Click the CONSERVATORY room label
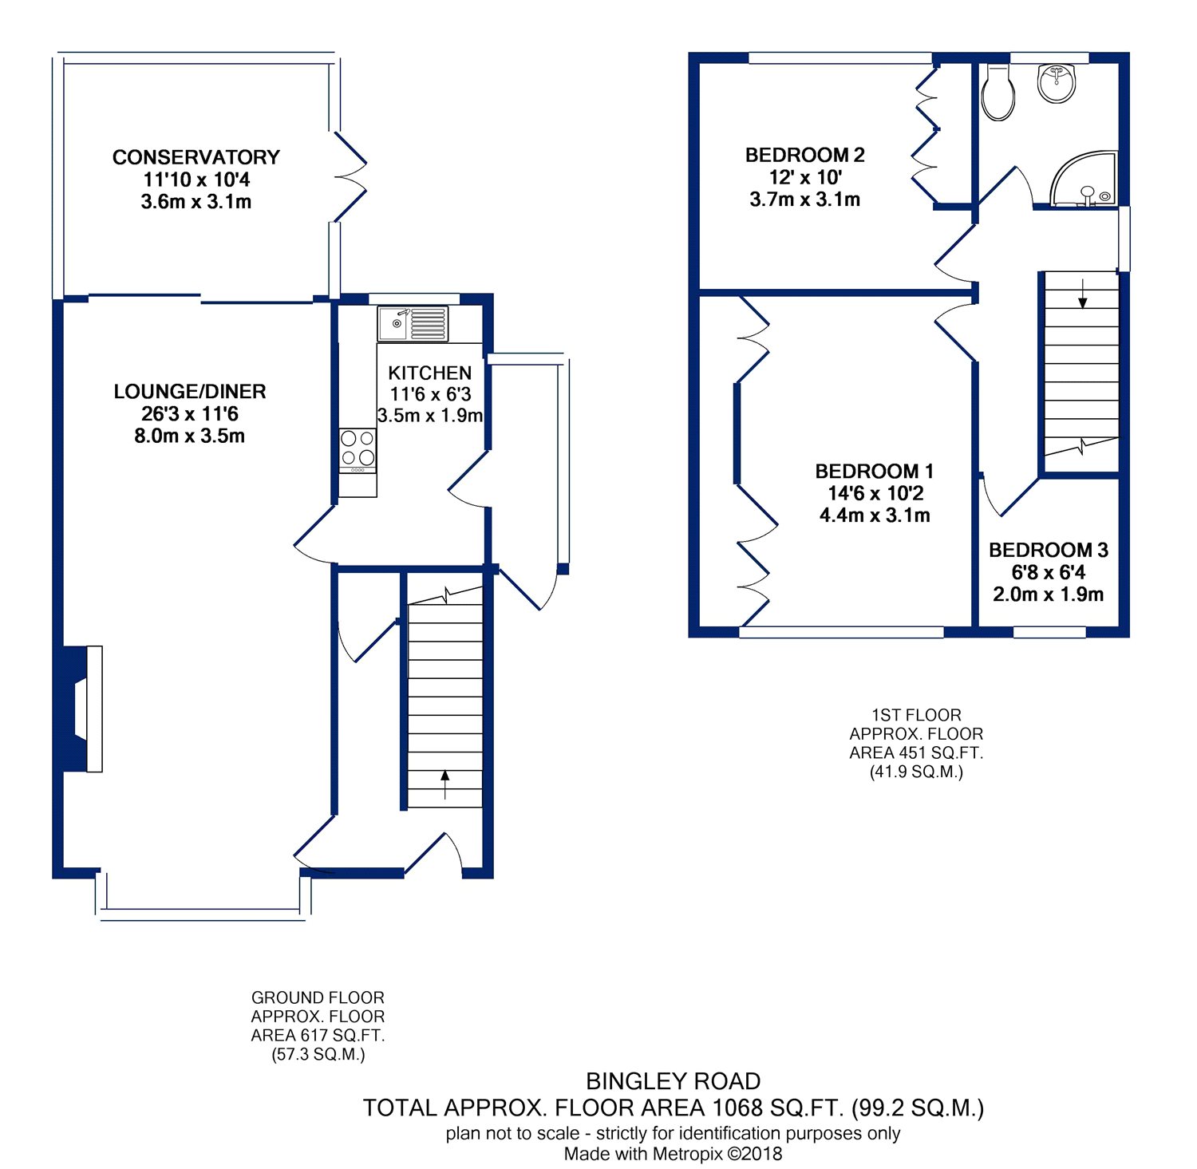tap(196, 157)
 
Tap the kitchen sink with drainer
tap(413, 324)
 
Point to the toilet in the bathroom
tap(997, 92)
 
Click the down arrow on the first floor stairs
tap(1082, 293)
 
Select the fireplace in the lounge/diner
tap(83, 709)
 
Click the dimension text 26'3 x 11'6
tap(190, 414)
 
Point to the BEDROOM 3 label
tap(1049, 550)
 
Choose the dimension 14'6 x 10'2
tap(875, 493)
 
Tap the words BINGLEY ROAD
tap(673, 1081)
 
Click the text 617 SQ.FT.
tap(342, 1036)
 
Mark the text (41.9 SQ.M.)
tap(916, 772)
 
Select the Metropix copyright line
tap(673, 1154)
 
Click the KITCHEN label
tap(430, 373)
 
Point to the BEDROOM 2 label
tap(804, 155)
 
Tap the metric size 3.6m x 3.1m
tap(196, 202)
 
